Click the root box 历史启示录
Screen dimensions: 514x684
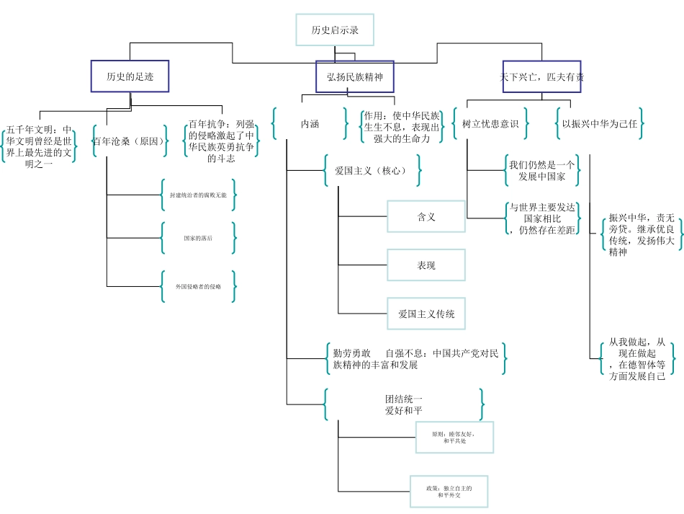[335, 30]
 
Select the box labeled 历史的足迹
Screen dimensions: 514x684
[130, 76]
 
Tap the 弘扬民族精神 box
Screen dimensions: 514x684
[355, 76]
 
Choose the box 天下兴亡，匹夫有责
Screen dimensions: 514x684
[542, 76]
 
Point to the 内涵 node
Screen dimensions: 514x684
[310, 124]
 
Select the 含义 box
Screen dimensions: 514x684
[426, 216]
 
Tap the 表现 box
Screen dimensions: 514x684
[426, 265]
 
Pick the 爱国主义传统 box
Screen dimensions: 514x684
[426, 314]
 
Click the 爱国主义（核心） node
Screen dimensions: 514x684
[371, 171]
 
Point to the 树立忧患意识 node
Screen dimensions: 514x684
[490, 124]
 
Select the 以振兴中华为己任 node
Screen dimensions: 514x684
[600, 124]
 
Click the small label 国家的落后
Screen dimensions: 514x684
[198, 238]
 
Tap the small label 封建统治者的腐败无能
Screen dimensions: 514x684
[198, 195]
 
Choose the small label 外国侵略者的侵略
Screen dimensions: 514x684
[198, 286]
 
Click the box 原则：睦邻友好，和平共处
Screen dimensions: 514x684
[454, 437]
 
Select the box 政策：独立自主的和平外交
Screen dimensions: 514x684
[449, 492]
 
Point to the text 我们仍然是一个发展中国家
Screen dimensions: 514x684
[542, 170]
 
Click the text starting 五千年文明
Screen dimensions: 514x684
[39, 146]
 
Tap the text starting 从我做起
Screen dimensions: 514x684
[637, 359]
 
